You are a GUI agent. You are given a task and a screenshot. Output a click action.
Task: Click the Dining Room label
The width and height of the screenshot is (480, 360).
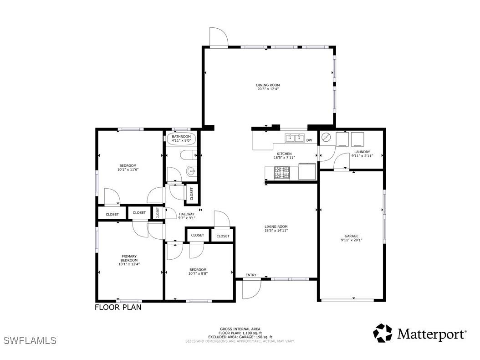coord(267,85)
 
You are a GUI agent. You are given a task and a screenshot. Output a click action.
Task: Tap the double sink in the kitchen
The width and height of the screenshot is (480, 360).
coord(295,138)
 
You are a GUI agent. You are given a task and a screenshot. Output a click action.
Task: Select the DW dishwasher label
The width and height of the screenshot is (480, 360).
coord(309,140)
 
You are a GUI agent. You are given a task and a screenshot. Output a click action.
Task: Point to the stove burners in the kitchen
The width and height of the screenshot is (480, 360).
coord(281,172)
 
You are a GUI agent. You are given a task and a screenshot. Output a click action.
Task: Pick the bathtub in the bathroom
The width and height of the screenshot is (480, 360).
coord(181,139)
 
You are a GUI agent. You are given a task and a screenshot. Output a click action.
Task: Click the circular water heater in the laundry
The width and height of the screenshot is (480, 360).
coord(326,137)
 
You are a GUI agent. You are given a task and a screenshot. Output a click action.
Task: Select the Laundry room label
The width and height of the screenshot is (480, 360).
coord(362,152)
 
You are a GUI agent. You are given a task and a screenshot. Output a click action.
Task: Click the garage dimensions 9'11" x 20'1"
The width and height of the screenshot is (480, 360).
coord(351,240)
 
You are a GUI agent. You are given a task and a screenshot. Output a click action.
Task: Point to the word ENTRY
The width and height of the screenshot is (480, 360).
coord(251,275)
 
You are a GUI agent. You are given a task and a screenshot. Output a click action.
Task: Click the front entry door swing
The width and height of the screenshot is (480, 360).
coord(251,288)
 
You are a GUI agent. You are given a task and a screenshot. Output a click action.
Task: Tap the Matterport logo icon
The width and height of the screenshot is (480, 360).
coord(383,333)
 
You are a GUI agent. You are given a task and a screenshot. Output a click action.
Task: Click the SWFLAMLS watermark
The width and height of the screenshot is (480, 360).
coord(30,340)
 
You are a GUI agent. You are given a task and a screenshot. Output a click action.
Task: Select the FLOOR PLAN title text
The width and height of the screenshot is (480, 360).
coord(118,307)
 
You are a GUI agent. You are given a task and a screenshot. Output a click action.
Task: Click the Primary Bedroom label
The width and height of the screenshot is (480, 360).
coord(129,258)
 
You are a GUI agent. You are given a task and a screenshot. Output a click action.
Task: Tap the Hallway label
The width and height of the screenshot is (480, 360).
coord(187,214)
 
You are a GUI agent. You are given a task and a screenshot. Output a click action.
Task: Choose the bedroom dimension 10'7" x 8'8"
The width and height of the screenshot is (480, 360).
coord(198,273)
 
